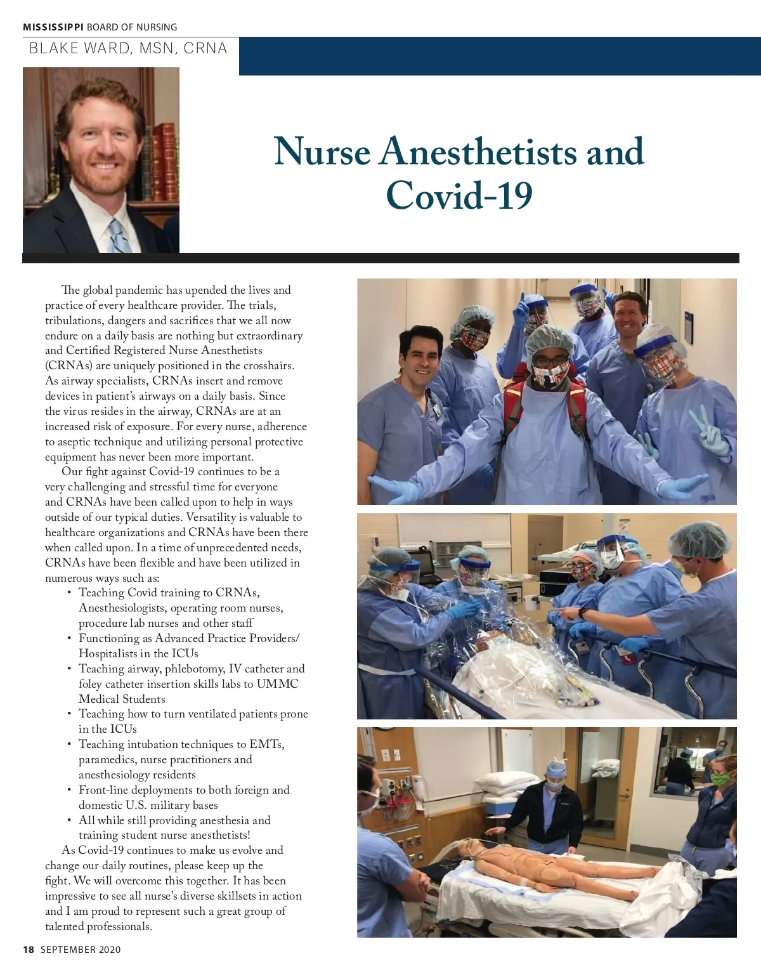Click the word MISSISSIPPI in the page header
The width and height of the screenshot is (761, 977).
53,27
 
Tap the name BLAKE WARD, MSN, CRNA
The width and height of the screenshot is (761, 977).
127,48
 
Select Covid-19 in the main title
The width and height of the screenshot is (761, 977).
459,195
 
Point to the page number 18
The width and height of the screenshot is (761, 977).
28,950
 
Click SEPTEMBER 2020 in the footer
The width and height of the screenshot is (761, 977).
81,950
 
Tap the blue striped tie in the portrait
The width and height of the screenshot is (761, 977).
118,235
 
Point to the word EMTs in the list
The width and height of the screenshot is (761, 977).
266,744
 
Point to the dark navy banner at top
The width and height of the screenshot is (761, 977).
500,56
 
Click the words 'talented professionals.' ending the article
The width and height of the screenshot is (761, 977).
98,926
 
